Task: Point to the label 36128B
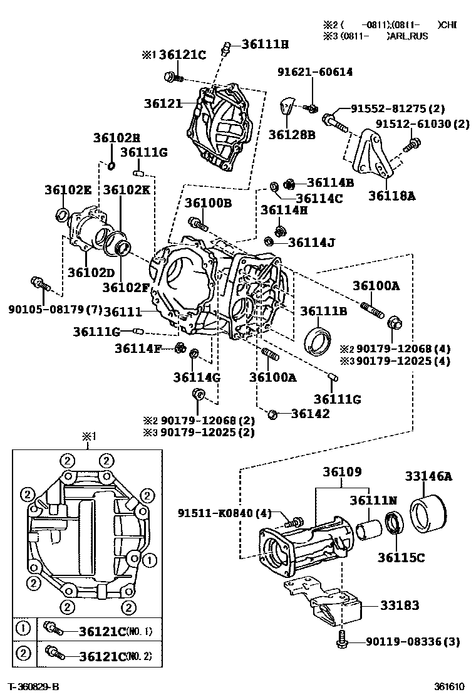click(291, 134)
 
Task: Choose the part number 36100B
click(208, 202)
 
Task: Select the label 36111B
click(323, 311)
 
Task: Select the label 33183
click(398, 605)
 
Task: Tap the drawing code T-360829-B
click(34, 687)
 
